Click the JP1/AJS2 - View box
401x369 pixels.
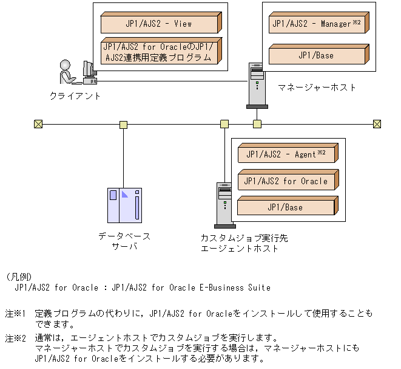[158, 24]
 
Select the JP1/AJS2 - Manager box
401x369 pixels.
[316, 24]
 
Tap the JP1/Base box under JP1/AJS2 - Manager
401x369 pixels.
[316, 55]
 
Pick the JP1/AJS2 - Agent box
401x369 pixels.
[286, 154]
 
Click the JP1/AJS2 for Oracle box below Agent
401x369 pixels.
[286, 181]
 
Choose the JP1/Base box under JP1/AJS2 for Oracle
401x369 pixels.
[286, 207]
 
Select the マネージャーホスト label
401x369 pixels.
[317, 88]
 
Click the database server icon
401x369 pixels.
[124, 205]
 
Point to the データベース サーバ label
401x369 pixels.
[124, 241]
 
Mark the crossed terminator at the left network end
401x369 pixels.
[39, 125]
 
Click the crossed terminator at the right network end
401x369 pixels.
[377, 125]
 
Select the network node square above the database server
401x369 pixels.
[124, 125]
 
